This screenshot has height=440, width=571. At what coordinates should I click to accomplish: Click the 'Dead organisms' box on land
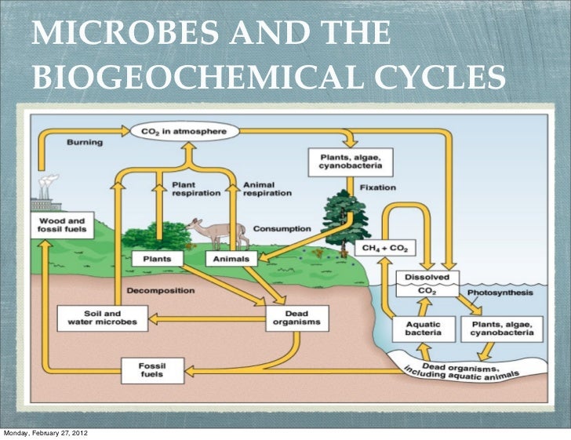(297, 317)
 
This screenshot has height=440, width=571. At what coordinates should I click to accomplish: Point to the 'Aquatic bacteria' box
(422, 327)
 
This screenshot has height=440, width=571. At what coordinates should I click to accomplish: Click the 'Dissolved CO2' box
(426, 283)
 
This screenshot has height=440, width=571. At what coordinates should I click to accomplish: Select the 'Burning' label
(83, 143)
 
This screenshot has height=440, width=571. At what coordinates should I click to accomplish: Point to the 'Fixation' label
(378, 188)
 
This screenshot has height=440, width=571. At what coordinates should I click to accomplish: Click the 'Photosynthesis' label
(500, 293)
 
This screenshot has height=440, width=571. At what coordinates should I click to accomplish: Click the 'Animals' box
(231, 258)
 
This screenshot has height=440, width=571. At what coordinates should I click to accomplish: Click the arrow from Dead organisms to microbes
(207, 318)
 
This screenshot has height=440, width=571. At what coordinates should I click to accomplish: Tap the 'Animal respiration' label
(267, 189)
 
